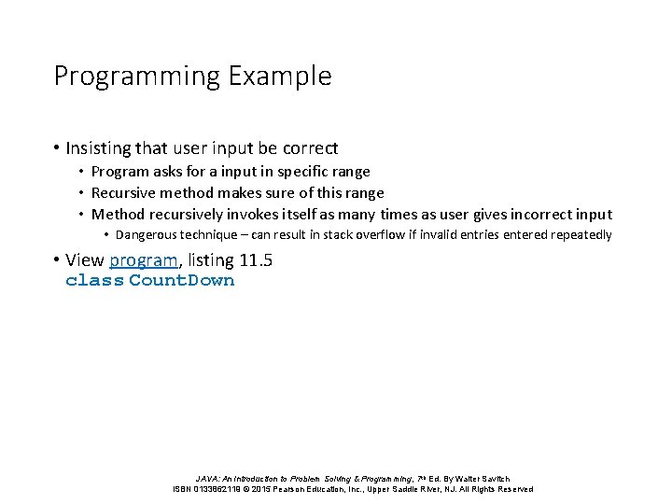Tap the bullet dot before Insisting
point(57,147)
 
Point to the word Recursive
point(123,192)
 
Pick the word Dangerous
point(148,235)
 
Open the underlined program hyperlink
point(143,260)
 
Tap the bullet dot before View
point(57,260)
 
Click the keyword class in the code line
point(94,280)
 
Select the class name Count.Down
point(182,280)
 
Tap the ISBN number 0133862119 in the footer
point(216,489)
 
